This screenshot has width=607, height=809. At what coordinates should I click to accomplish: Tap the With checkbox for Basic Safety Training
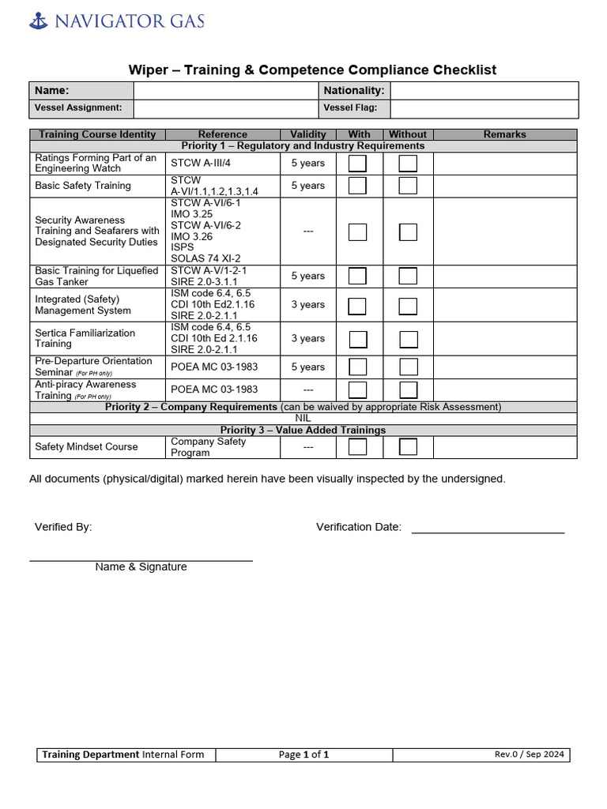(x=358, y=186)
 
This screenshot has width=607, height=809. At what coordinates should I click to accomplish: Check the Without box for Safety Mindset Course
(x=408, y=446)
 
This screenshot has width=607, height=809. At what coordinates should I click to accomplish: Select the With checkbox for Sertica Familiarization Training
(x=358, y=339)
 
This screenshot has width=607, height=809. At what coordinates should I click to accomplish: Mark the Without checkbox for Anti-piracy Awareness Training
(x=408, y=389)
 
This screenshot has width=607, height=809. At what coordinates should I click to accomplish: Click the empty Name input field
(x=225, y=91)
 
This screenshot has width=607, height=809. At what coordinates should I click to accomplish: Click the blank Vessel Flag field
(x=484, y=108)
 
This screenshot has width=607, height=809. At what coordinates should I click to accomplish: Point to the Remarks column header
(x=504, y=134)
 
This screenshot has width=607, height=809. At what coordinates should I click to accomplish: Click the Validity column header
(x=307, y=134)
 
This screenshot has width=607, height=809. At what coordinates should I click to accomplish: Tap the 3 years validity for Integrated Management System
(x=307, y=305)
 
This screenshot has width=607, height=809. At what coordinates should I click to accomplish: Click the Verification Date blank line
(x=488, y=527)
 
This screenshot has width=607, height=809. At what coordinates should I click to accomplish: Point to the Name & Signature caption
(x=141, y=566)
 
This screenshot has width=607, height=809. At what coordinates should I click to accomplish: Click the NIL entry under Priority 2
(x=303, y=419)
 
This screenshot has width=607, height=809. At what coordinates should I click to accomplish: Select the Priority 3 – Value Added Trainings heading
(x=303, y=430)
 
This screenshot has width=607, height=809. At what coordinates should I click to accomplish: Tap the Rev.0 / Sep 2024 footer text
(x=529, y=754)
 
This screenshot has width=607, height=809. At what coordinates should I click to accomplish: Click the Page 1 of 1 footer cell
(x=303, y=754)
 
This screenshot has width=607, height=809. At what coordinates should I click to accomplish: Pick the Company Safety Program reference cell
(x=222, y=447)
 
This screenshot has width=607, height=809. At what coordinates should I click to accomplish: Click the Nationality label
(x=353, y=91)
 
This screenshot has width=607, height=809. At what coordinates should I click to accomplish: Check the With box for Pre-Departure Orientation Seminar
(x=358, y=367)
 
